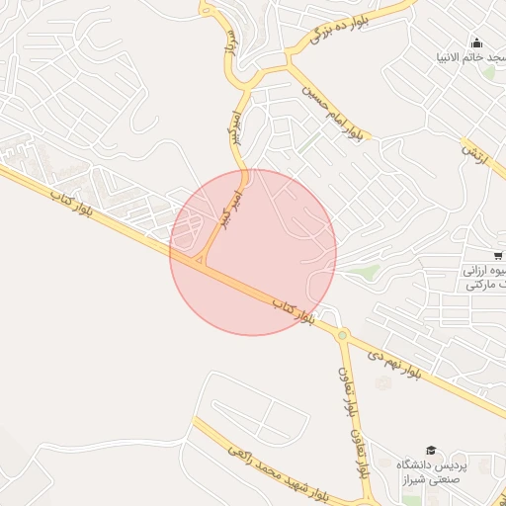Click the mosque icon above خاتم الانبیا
477,42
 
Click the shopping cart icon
497,255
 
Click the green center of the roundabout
342,335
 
